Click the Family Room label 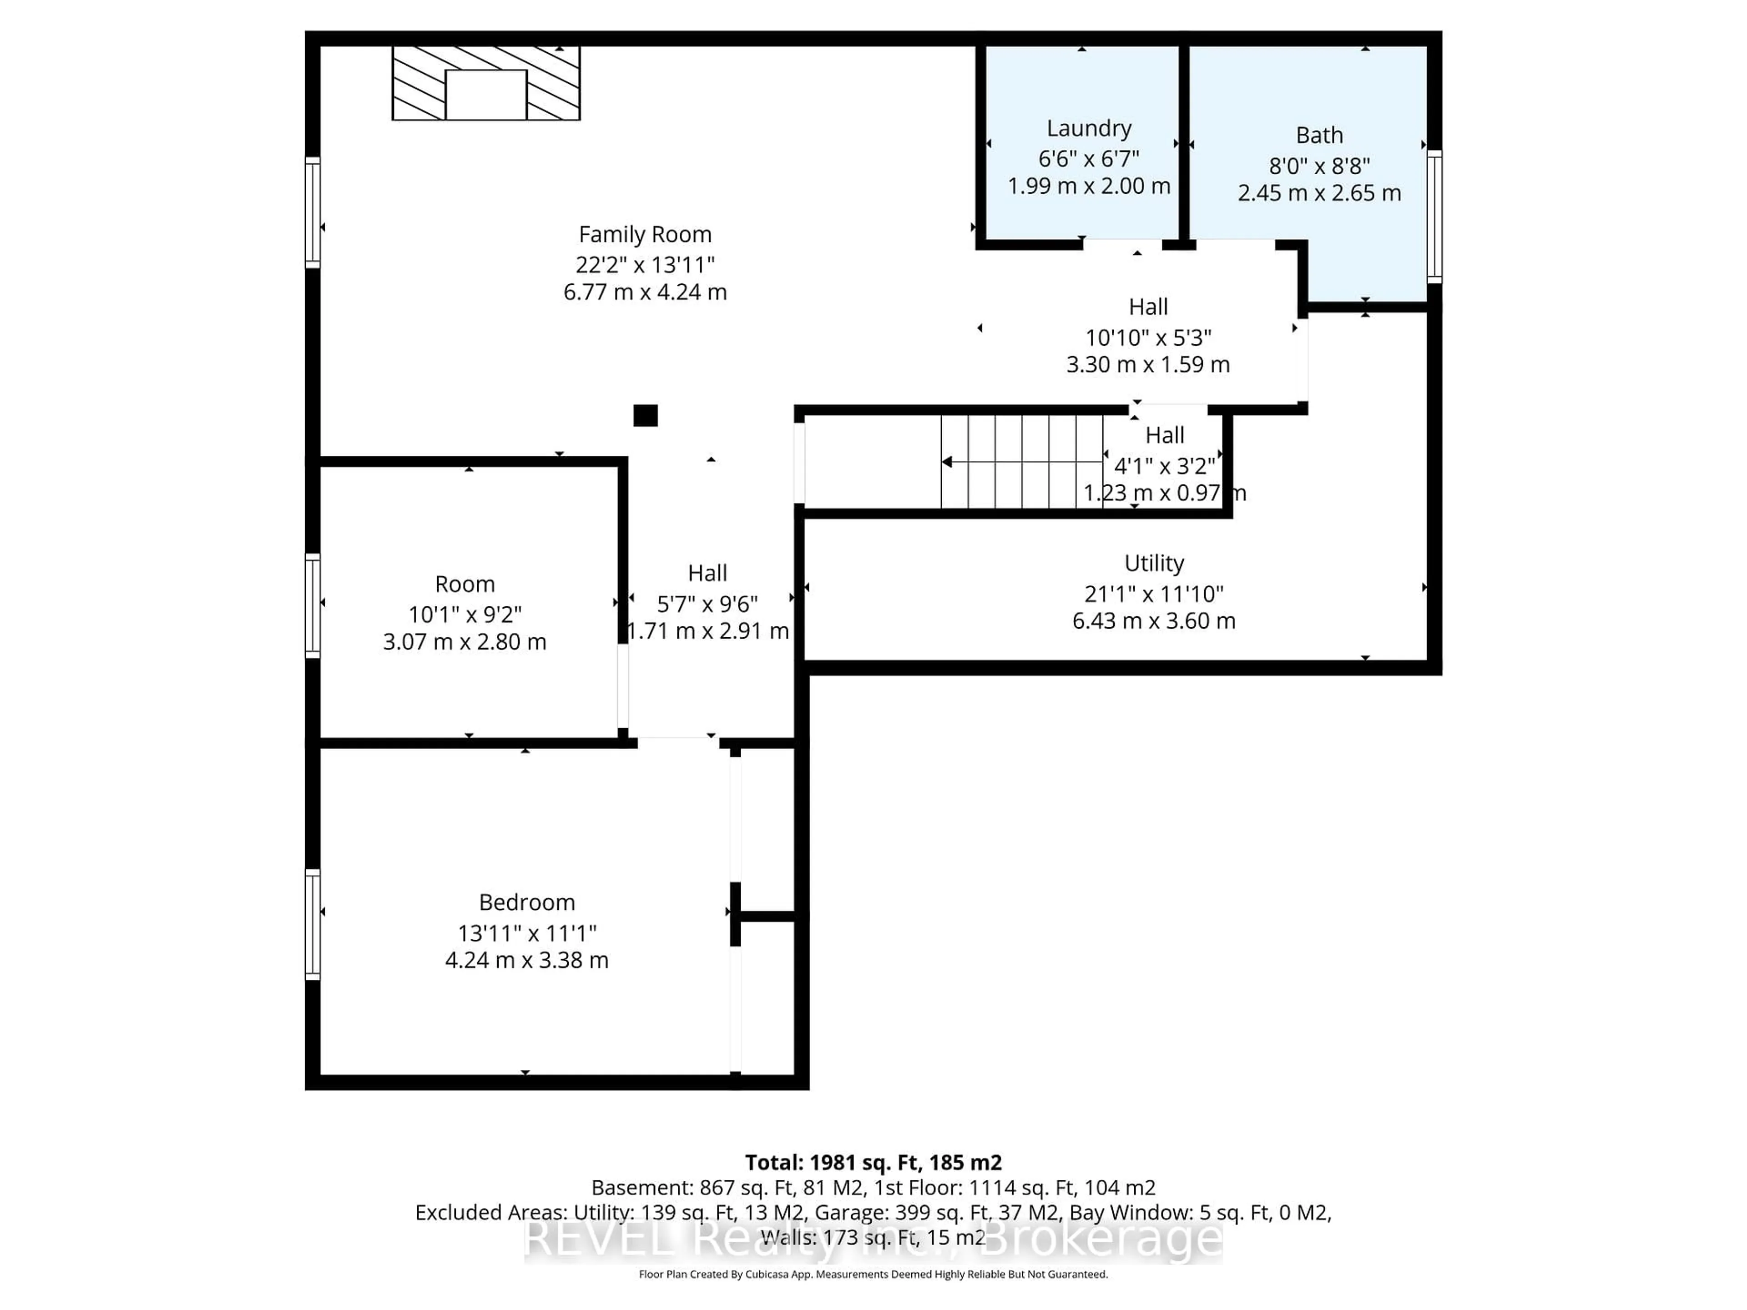645,235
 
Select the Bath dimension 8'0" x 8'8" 1319,166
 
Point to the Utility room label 1154,563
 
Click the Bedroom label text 527,902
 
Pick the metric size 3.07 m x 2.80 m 465,641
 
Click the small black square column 645,415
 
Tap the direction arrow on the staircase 947,462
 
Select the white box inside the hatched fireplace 486,95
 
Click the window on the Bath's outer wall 1434,217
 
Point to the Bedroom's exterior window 313,924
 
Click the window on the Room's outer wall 313,606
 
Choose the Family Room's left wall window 313,212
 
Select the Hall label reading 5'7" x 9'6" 707,604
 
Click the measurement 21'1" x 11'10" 1154,594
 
